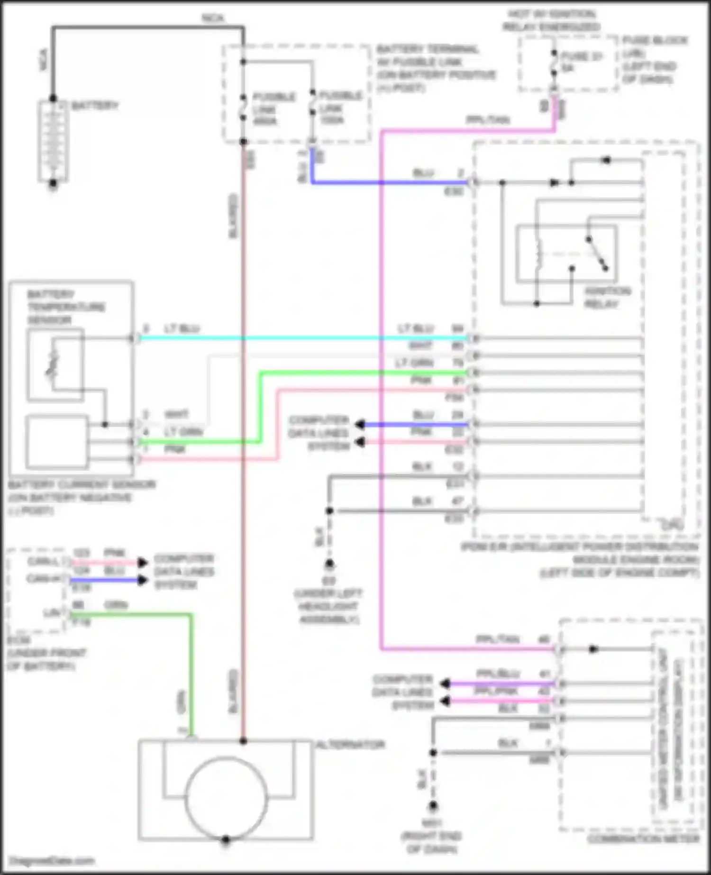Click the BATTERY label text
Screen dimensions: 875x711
(95, 105)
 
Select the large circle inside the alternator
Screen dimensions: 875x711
(226, 798)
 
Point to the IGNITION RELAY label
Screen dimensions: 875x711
(607, 297)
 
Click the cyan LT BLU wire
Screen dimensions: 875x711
(303, 338)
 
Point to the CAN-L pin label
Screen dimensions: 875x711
(43, 562)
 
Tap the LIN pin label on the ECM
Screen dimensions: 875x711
(52, 613)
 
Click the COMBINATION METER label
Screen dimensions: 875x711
(643, 839)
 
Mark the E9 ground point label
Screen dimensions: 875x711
(328, 581)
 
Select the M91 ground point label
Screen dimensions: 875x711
(432, 823)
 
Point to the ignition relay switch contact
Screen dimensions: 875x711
(597, 253)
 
